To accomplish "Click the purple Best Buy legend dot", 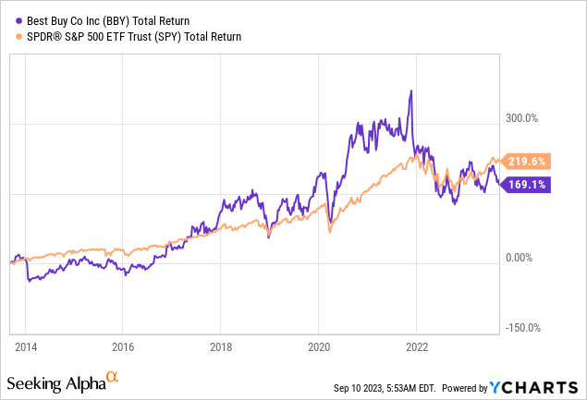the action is click(x=19, y=21).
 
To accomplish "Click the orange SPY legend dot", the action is click(x=19, y=37).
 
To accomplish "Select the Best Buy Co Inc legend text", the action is click(x=108, y=21).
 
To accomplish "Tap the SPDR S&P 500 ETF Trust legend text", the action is click(x=134, y=37).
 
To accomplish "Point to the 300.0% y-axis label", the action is click(x=521, y=118).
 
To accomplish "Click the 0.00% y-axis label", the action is click(x=519, y=258).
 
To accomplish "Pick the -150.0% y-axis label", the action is click(x=523, y=328).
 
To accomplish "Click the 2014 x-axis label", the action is click(x=26, y=347).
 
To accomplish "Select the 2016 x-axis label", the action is click(x=123, y=347).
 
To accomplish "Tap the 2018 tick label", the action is click(x=221, y=347).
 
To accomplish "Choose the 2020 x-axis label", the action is click(x=319, y=347).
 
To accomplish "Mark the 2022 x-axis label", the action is click(x=417, y=347).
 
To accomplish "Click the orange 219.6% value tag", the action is click(x=526, y=162).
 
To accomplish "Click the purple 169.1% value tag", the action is click(x=526, y=185).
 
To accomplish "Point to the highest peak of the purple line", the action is click(x=411, y=91).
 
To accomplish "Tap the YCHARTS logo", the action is click(x=533, y=388).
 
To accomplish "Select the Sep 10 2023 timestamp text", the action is click(x=385, y=388).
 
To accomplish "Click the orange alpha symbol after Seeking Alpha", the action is click(x=112, y=377).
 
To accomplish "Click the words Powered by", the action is click(x=465, y=388).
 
